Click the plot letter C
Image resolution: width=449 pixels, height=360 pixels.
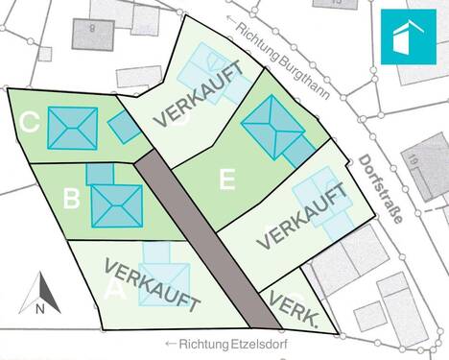(29, 123)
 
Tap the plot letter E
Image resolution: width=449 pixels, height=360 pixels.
(226, 179)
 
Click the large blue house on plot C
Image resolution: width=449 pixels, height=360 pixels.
(72, 128)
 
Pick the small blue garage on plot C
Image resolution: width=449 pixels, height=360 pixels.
(123, 127)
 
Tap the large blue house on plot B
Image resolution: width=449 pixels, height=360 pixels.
(117, 204)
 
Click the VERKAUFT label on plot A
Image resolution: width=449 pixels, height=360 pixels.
(153, 285)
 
